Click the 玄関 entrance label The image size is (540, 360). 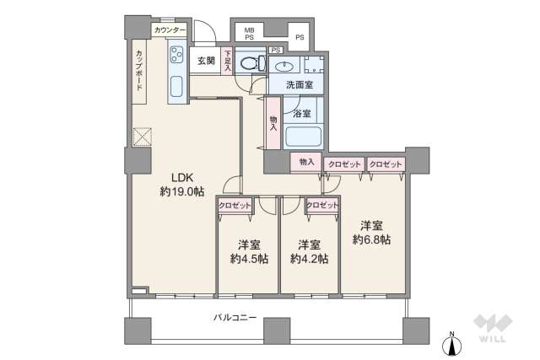(206, 61)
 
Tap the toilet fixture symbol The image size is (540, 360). (253, 63)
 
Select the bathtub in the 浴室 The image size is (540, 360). (304, 137)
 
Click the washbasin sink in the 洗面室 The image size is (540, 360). (284, 65)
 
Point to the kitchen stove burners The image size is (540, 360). (176, 55)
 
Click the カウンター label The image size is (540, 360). (170, 30)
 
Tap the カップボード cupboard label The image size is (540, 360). (139, 70)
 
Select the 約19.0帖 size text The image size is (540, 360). (182, 191)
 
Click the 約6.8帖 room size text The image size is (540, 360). (371, 239)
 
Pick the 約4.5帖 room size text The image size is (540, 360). (249, 259)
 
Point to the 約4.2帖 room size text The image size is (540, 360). (309, 259)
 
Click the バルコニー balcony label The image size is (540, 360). (235, 317)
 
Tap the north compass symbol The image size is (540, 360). (452, 344)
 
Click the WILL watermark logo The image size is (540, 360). (493, 328)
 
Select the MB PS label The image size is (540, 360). (250, 34)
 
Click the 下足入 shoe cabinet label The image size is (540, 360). (227, 62)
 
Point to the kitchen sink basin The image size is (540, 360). (176, 86)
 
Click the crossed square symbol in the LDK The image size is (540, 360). (143, 137)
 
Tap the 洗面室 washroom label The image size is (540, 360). (300, 84)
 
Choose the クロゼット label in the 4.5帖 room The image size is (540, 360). (235, 206)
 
